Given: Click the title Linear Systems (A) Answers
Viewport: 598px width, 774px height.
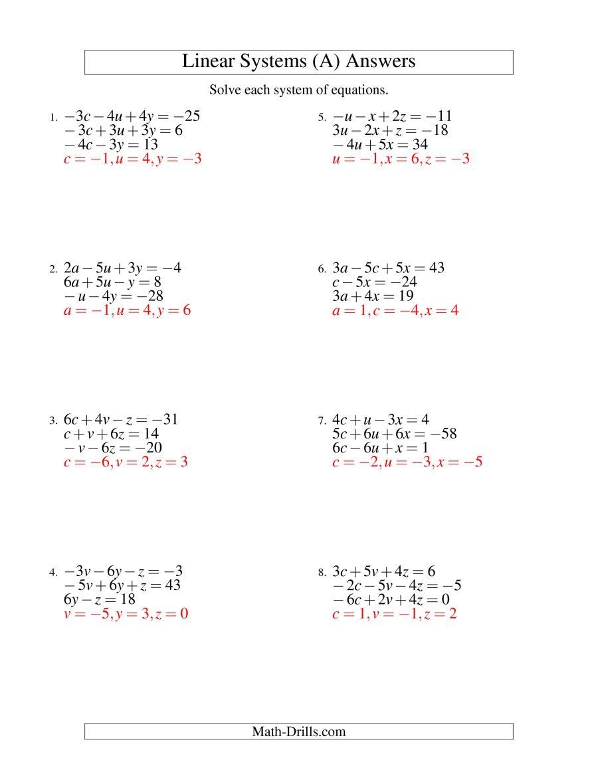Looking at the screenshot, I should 298,61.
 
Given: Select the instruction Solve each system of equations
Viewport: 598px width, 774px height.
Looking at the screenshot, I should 298,90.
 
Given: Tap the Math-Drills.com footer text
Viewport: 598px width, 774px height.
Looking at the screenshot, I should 298,731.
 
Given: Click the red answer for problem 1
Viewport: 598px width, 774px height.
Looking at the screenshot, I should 132,159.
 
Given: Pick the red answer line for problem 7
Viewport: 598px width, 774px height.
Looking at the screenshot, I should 407,462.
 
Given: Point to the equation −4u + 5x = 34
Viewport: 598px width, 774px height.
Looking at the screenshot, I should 380,145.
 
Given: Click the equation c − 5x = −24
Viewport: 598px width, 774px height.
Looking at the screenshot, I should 374,282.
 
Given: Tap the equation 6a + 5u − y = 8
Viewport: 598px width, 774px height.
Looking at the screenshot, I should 112,282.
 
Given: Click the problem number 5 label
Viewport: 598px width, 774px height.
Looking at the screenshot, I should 322,118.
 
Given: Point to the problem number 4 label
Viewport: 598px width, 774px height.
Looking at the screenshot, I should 53,572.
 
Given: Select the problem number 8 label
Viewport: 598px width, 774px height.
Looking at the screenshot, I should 322,572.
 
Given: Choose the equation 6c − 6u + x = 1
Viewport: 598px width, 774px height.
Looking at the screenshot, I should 380,448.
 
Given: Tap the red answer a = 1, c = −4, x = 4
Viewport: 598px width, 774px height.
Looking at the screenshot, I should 395,310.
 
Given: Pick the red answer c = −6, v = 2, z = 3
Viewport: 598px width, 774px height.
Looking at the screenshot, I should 126,462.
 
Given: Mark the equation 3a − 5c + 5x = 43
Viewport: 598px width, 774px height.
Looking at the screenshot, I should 388,268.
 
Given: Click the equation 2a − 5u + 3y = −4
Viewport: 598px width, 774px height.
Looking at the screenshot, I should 122,268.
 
